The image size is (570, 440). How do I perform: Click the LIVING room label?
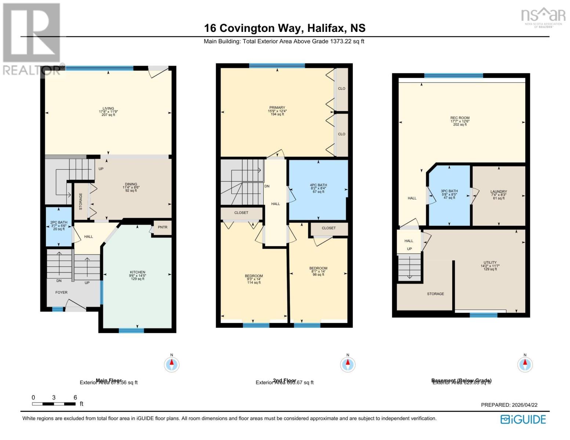[108, 109]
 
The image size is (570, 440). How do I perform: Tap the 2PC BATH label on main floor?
[59, 222]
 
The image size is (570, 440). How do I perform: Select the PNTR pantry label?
[163, 227]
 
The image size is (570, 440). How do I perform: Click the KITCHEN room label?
[137, 272]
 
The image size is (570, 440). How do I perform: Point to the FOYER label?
[61, 293]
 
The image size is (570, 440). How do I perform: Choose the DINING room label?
[131, 184]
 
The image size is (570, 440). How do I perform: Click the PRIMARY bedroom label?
[277, 108]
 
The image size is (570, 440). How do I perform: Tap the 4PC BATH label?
[318, 185]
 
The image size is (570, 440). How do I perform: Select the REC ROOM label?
[460, 118]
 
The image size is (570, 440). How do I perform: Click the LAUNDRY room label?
[498, 192]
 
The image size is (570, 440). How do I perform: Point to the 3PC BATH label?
[449, 191]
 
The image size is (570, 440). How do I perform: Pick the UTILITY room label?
[490, 263]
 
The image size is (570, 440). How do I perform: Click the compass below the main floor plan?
[171, 364]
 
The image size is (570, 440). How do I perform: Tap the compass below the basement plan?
[525, 364]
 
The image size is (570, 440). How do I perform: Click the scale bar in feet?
[54, 404]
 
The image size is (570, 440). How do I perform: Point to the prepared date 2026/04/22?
[509, 405]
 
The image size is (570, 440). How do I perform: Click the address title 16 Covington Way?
[284, 28]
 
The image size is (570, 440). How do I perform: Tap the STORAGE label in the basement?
[435, 294]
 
